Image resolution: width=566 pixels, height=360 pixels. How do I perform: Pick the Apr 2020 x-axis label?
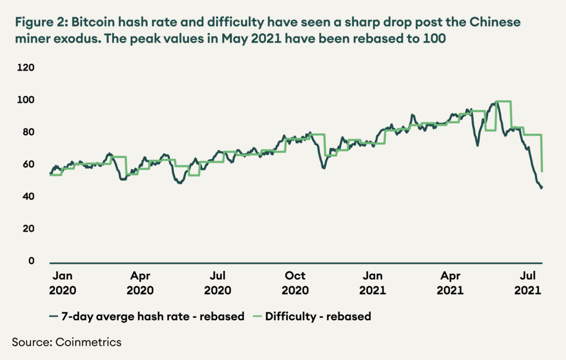[141, 282]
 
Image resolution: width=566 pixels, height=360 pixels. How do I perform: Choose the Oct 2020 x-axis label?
[296, 282]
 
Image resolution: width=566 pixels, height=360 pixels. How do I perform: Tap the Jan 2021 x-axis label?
[373, 282]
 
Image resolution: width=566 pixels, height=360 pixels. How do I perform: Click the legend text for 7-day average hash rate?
[153, 317]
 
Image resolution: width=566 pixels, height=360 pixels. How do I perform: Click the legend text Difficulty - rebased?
[318, 317]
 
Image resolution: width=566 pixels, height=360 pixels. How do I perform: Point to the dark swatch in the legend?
[54, 317]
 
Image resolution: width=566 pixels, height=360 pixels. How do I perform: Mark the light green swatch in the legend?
[258, 317]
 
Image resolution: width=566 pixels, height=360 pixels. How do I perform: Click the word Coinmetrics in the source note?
[89, 342]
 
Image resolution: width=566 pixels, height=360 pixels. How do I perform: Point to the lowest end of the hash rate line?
[541, 188]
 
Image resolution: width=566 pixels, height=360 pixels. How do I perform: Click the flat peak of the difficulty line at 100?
[504, 102]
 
